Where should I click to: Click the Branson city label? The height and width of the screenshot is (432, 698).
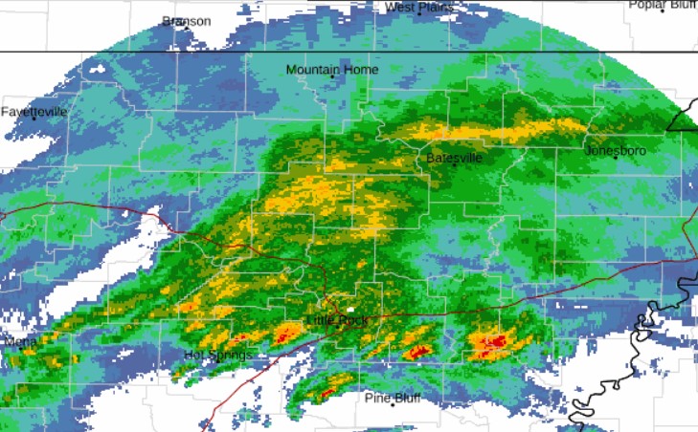tap(186, 21)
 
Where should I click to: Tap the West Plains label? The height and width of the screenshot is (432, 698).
tap(418, 8)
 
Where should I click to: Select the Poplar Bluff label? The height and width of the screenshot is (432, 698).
tap(663, 5)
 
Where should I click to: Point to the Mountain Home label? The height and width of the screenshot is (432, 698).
tap(331, 70)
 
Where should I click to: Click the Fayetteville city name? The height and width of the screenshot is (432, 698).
tap(34, 112)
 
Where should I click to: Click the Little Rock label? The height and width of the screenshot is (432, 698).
tap(336, 320)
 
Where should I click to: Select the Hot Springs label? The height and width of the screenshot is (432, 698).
tap(217, 356)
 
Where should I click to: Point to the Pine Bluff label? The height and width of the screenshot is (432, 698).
tap(392, 398)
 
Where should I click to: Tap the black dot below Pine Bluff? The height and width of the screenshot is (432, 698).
tap(393, 405)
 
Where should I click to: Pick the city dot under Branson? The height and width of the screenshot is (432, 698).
tap(186, 28)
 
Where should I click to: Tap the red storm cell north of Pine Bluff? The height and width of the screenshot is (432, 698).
tap(330, 388)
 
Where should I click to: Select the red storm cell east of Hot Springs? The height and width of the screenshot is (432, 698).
tap(286, 335)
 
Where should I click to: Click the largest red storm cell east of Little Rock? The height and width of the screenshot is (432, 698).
tap(493, 342)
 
